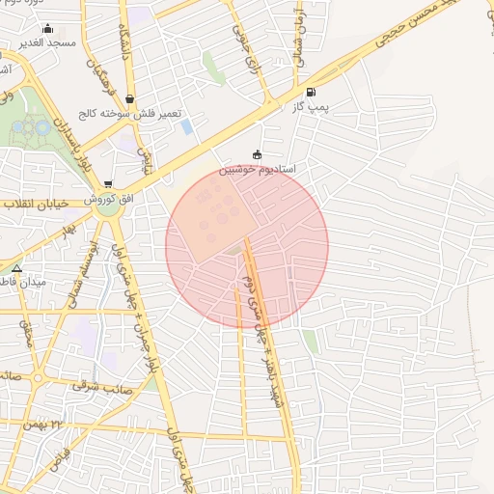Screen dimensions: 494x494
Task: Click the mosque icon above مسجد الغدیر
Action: (48, 28)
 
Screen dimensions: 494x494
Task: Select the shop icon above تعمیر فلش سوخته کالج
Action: (129, 98)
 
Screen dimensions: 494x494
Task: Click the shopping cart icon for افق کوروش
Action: (107, 183)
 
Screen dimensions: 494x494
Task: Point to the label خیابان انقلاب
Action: (33, 205)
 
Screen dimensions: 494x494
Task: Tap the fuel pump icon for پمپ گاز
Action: (310, 93)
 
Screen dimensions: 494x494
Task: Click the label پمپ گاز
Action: (312, 108)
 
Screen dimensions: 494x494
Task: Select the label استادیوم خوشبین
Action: (257, 169)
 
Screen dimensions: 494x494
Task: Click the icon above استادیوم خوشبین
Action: (257, 154)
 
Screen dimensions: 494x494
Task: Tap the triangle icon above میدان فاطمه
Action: (16, 267)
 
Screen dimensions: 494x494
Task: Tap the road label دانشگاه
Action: (124, 43)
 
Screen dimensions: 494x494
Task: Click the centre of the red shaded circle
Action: (247, 246)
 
